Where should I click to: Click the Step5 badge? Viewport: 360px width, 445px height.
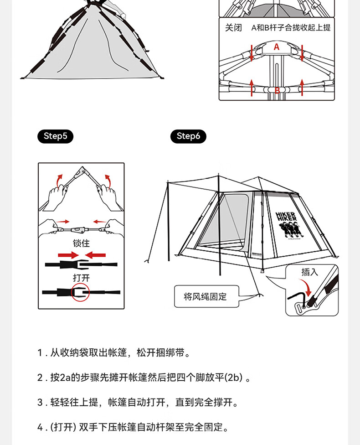55,136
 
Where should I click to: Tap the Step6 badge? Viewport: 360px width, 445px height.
188,136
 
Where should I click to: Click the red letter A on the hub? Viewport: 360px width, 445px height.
276,47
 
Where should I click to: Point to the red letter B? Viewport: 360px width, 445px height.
277,90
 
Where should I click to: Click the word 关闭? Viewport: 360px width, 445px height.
233,28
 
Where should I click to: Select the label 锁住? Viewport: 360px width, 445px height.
81,243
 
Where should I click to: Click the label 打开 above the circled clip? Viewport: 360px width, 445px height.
81,278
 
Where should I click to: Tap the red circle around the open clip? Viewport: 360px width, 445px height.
81,292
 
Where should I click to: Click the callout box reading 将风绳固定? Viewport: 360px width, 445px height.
206,297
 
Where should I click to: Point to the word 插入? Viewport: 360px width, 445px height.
309,272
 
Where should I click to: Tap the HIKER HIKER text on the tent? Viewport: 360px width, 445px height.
287,216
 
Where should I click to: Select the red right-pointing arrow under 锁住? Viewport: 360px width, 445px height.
68,254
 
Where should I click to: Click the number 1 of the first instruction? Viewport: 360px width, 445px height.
40,353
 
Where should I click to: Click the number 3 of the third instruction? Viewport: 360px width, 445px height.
40,403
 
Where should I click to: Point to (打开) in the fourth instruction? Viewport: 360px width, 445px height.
63,427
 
